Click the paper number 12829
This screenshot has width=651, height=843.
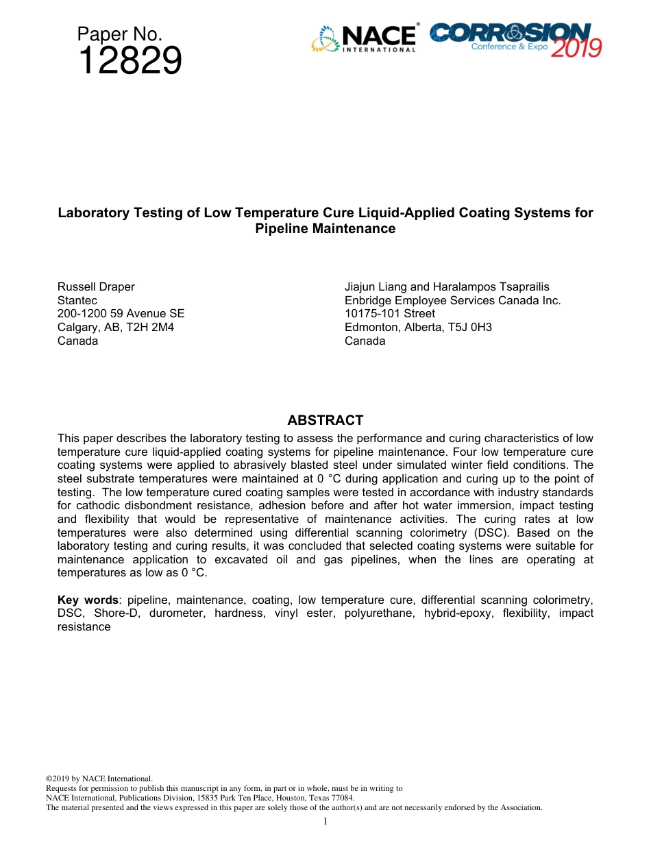[x=130, y=62]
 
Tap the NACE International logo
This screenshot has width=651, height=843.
[x=365, y=39]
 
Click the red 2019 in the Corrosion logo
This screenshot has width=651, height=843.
[x=576, y=48]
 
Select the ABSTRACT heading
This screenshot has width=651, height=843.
[x=325, y=420]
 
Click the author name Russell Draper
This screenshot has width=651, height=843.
[x=96, y=286]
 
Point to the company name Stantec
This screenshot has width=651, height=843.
[x=77, y=300]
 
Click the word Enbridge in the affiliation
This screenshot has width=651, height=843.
[x=368, y=300]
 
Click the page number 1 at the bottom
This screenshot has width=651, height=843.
[x=325, y=821]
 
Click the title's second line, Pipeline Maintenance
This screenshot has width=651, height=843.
[x=325, y=229]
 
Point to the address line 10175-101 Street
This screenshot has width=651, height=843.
[x=389, y=314]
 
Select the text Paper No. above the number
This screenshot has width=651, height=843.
[x=119, y=34]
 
